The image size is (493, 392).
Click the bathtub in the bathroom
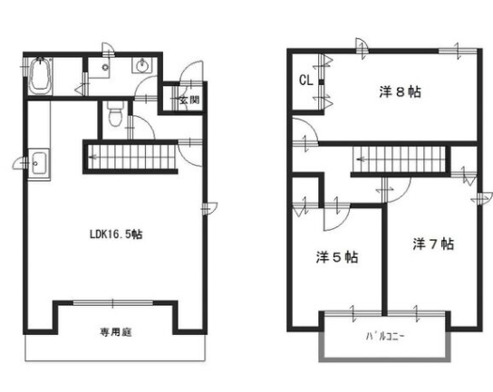click(x=40, y=75)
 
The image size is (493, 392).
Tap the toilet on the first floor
click(x=115, y=114)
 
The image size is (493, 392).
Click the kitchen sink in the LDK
click(x=38, y=163)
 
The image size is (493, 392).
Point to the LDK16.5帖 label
click(x=116, y=234)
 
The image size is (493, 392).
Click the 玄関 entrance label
click(x=189, y=100)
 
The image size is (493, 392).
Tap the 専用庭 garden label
click(x=116, y=332)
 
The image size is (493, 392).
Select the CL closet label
click(x=306, y=81)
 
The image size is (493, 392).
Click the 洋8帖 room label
click(x=400, y=92)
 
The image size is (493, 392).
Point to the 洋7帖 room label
click(x=433, y=244)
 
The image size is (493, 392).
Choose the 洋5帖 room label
click(x=337, y=257)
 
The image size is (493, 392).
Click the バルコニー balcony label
click(x=385, y=337)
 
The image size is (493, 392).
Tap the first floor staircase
click(x=130, y=157)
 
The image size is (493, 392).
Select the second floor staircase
click(x=400, y=159)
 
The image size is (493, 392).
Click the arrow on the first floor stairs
click(x=94, y=157)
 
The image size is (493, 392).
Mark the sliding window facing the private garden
click(x=113, y=302)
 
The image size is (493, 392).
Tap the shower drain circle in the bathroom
click(x=105, y=67)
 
